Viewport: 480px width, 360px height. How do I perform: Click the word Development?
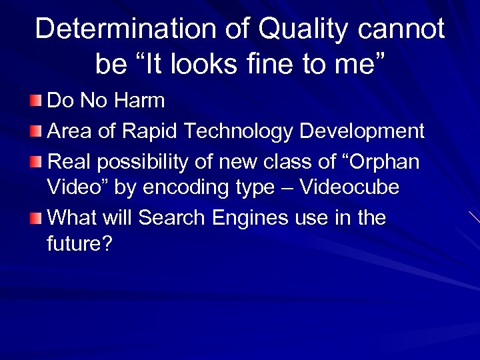(362, 131)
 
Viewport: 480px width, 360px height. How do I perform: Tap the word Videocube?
(349, 189)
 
